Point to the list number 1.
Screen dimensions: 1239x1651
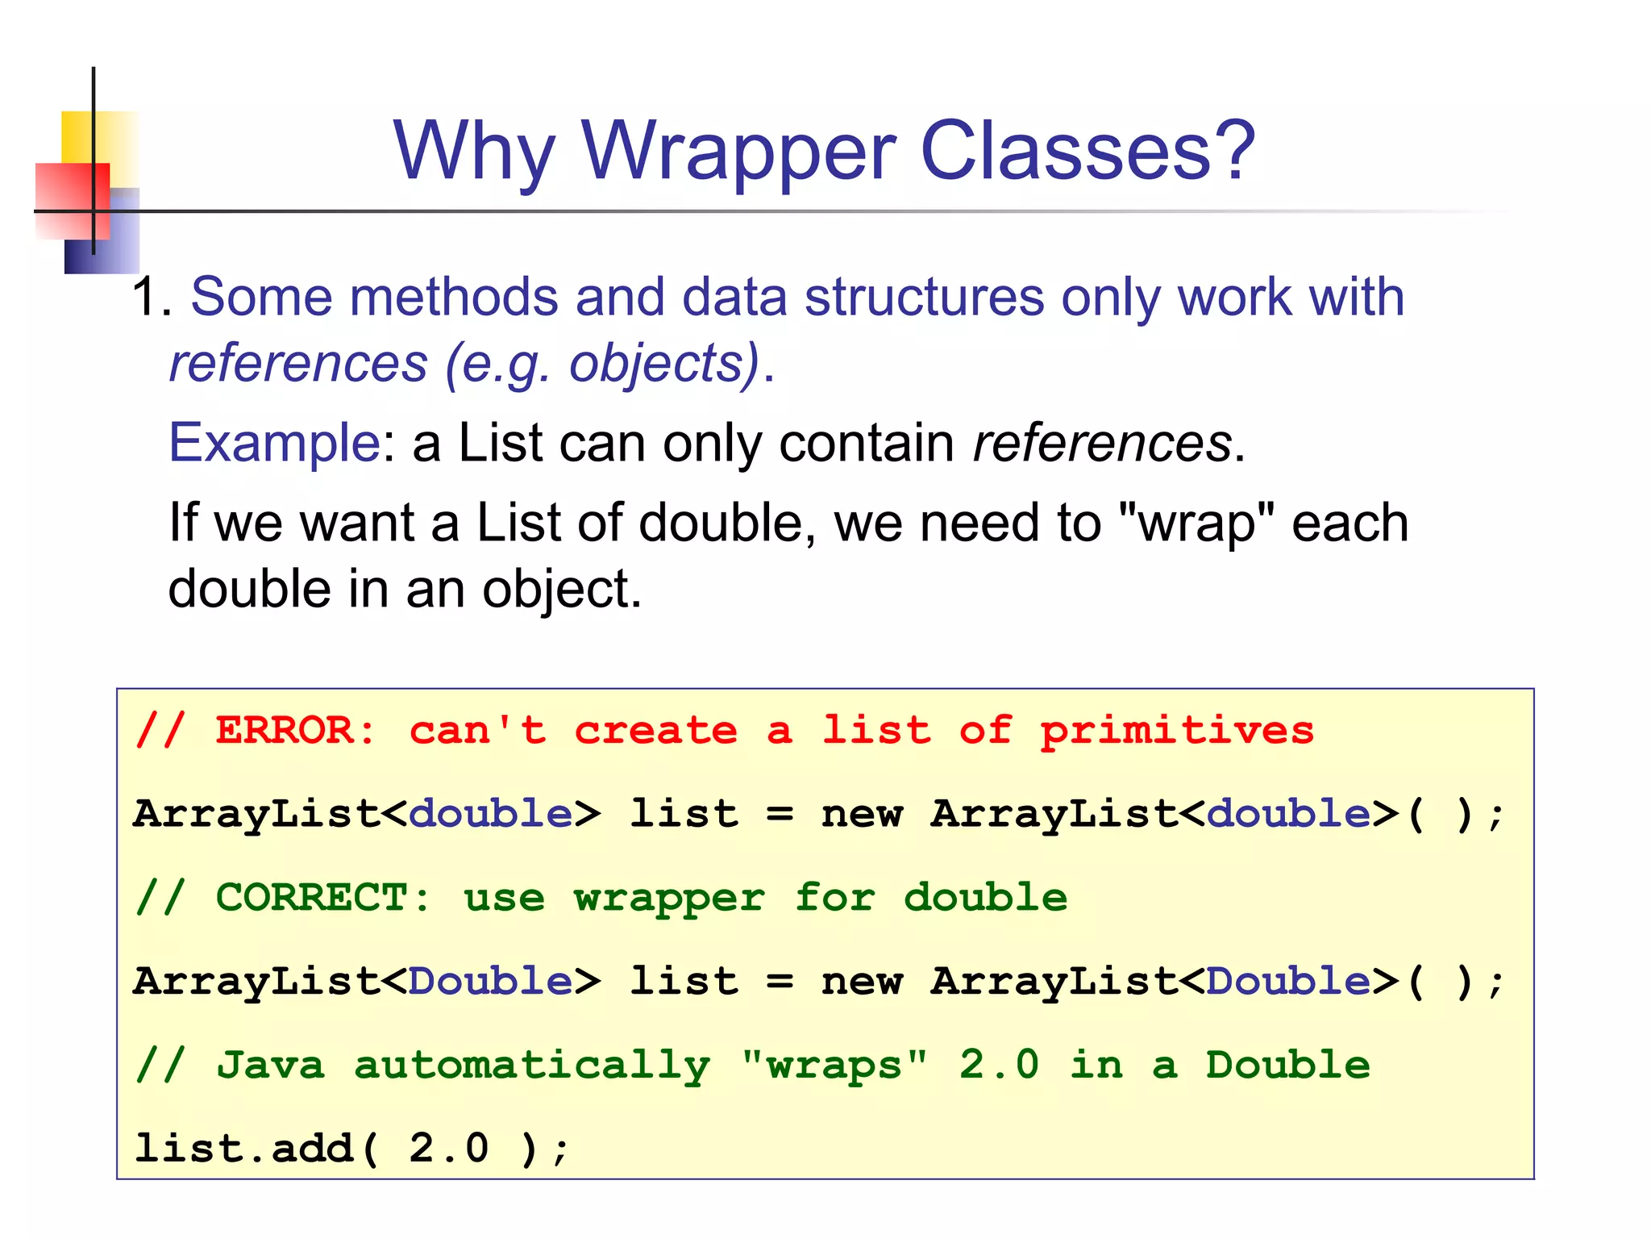(x=149, y=297)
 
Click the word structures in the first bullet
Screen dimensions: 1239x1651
(x=924, y=297)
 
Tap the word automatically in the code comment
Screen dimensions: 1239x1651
(x=532, y=1066)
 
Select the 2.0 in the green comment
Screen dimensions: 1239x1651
(x=999, y=1065)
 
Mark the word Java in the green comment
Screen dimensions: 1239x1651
(x=271, y=1065)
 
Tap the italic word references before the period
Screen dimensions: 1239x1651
(x=1102, y=443)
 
